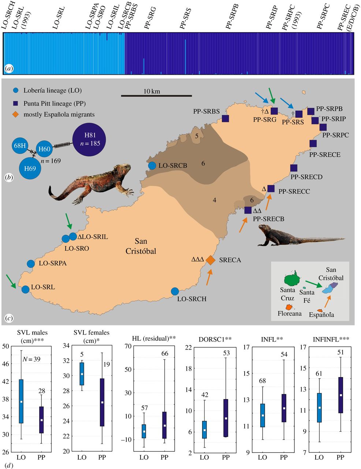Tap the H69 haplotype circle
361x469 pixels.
click(x=30, y=168)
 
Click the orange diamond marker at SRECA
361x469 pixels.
click(x=211, y=259)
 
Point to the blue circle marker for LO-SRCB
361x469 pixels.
click(x=152, y=166)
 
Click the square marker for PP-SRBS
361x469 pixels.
click(x=226, y=118)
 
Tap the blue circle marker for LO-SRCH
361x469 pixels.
click(x=175, y=291)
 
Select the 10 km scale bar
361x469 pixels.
click(x=156, y=96)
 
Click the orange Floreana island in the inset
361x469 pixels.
click(x=289, y=307)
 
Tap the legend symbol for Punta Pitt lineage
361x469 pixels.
click(x=14, y=104)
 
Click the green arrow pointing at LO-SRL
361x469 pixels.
click(x=11, y=284)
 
